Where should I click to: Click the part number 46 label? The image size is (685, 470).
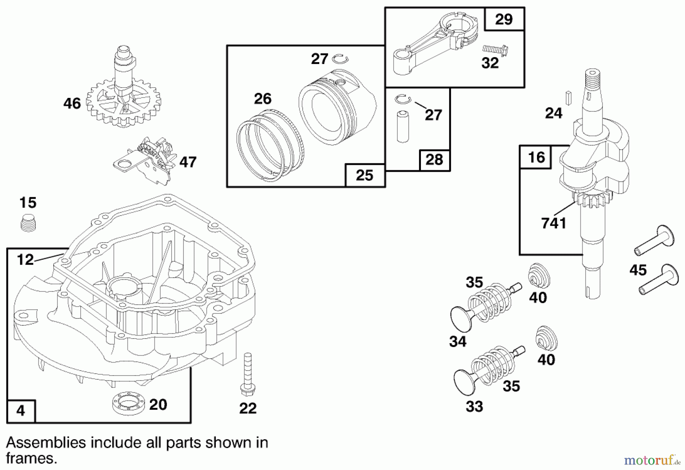tap(72, 103)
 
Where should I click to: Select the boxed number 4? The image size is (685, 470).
tap(21, 411)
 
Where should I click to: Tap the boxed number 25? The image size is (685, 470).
tap(365, 175)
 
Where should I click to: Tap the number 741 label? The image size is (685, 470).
tap(554, 223)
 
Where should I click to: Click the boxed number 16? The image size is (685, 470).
tap(537, 157)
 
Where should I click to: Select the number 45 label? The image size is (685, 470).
tap(638, 270)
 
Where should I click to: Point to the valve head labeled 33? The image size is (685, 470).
tap(465, 381)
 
